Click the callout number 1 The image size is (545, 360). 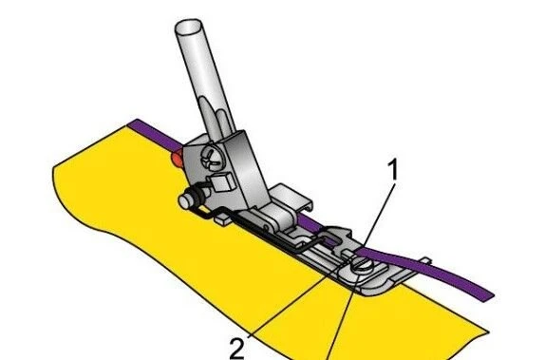(392, 172)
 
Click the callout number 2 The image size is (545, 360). (237, 347)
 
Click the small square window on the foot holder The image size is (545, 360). (217, 180)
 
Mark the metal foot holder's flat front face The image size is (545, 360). (249, 171)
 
